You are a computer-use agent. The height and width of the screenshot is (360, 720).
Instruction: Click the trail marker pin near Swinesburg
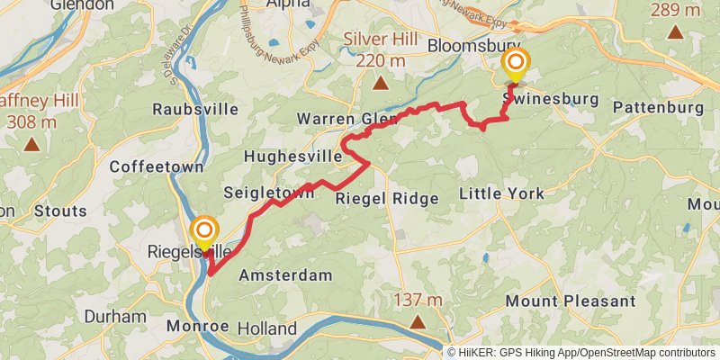point(516,63)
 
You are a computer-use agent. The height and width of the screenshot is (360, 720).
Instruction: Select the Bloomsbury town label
point(474,45)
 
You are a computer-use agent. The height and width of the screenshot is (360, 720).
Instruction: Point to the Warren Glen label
point(347,119)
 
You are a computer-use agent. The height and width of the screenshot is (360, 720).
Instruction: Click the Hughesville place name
point(292,156)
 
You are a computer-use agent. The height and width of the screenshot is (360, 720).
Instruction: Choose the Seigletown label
point(269,192)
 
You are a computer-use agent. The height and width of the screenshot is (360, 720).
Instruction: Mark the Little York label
point(501,193)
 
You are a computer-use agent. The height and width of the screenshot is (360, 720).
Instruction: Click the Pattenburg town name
point(658,107)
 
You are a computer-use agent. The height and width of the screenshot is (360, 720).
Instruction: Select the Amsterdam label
point(285,274)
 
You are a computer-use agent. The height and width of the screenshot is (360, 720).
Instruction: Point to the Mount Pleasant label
point(571,301)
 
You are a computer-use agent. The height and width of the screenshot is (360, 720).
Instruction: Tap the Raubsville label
point(195,109)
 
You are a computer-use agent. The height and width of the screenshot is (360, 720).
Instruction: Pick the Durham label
point(115,316)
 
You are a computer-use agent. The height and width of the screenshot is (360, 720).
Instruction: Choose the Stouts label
point(60,211)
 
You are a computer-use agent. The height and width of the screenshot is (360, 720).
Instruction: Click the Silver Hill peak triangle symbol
point(381,85)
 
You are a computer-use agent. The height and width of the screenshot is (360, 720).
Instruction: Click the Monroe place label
point(193,326)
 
